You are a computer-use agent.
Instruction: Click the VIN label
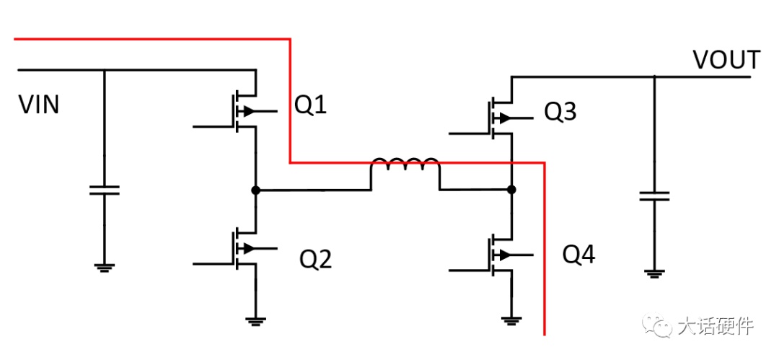[x=39, y=105]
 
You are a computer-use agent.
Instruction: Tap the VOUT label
[x=727, y=60]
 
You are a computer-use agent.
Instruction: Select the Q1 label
[x=310, y=105]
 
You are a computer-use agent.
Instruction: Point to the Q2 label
[x=315, y=258]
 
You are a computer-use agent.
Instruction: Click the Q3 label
[x=560, y=112]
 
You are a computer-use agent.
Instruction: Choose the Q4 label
[x=578, y=255]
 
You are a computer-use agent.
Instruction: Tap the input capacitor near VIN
[x=105, y=190]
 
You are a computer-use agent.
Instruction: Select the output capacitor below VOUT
[x=654, y=196]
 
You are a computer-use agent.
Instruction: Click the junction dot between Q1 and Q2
[x=255, y=190]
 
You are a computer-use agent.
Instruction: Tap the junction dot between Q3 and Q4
[x=511, y=190]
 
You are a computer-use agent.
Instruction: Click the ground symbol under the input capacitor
[x=105, y=268]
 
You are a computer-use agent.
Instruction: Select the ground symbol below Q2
[x=255, y=321]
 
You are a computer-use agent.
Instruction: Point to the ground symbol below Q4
[x=511, y=321]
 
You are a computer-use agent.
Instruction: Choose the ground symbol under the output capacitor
[x=654, y=273]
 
